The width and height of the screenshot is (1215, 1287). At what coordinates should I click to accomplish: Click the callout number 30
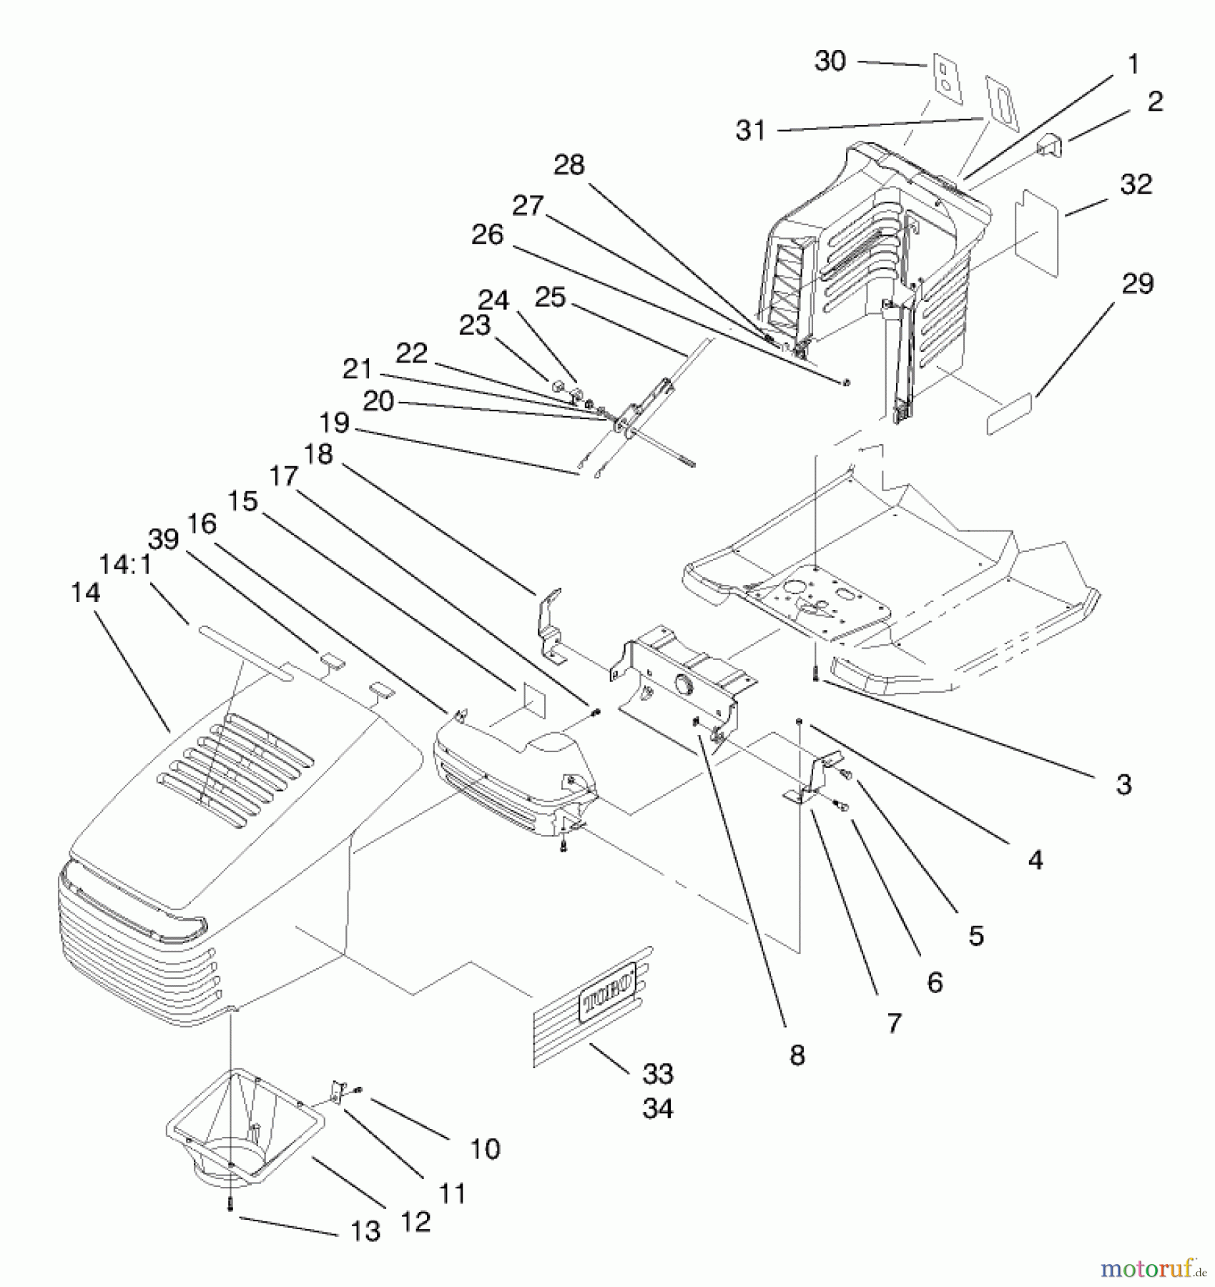[830, 61]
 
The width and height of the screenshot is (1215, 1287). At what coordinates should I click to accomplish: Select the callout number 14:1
[126, 565]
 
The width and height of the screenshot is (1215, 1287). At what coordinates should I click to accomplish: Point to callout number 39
[164, 539]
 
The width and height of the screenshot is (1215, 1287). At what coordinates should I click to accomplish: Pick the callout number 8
[797, 1055]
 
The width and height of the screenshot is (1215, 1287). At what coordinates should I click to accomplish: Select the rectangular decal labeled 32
[1038, 233]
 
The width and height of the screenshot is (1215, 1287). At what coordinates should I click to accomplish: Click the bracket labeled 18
[549, 624]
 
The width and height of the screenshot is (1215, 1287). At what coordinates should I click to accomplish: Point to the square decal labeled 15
[530, 700]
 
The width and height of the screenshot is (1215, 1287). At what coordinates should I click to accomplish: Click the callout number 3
[1123, 784]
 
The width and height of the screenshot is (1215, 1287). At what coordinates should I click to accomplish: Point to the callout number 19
[334, 423]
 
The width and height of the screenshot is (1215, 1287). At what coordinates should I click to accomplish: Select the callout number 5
[976, 935]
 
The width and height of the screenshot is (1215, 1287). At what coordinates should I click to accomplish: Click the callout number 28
[569, 165]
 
